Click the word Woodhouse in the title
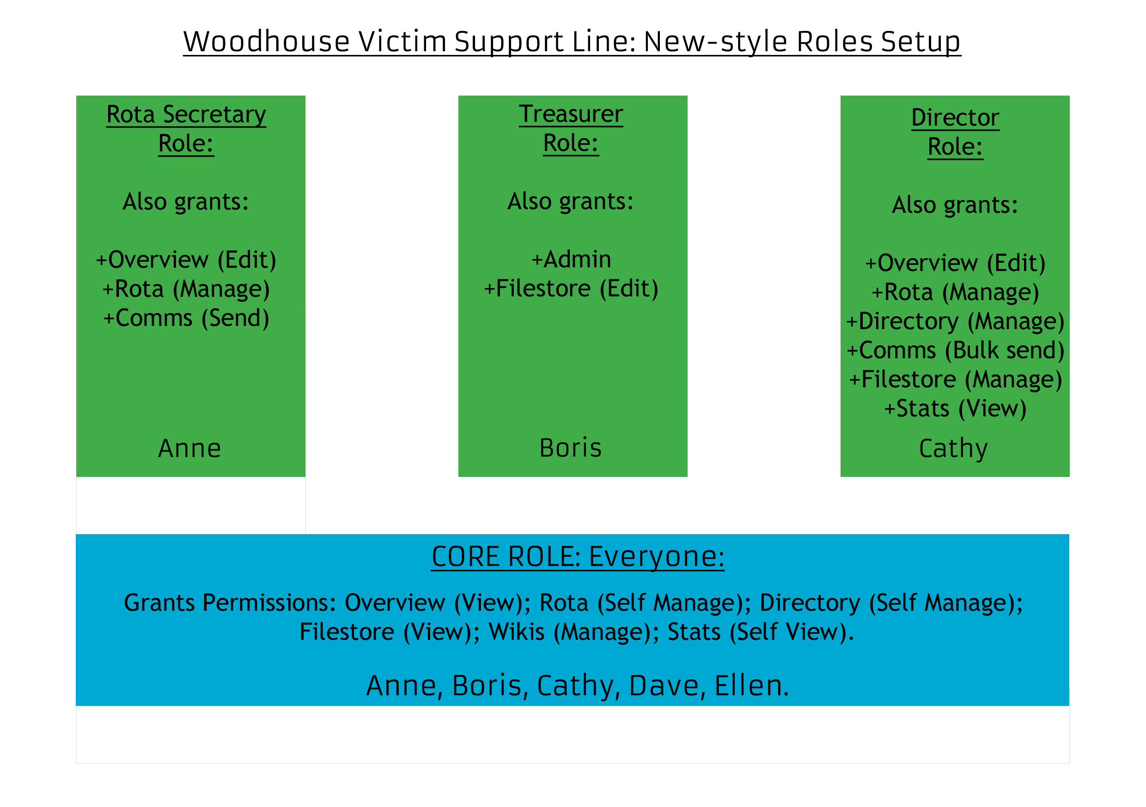(266, 42)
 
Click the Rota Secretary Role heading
(186, 129)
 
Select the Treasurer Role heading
(571, 129)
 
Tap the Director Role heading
(955, 132)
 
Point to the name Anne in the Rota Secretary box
(189, 448)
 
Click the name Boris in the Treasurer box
(571, 448)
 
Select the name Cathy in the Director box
(953, 449)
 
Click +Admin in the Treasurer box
(571, 259)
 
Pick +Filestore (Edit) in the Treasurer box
(571, 289)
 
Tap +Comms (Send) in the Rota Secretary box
(186, 318)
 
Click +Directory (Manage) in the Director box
(955, 321)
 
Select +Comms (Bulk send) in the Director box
(955, 350)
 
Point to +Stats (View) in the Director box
(955, 409)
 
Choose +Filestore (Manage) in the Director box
(955, 379)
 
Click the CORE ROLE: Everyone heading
(578, 557)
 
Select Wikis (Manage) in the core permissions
(573, 632)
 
